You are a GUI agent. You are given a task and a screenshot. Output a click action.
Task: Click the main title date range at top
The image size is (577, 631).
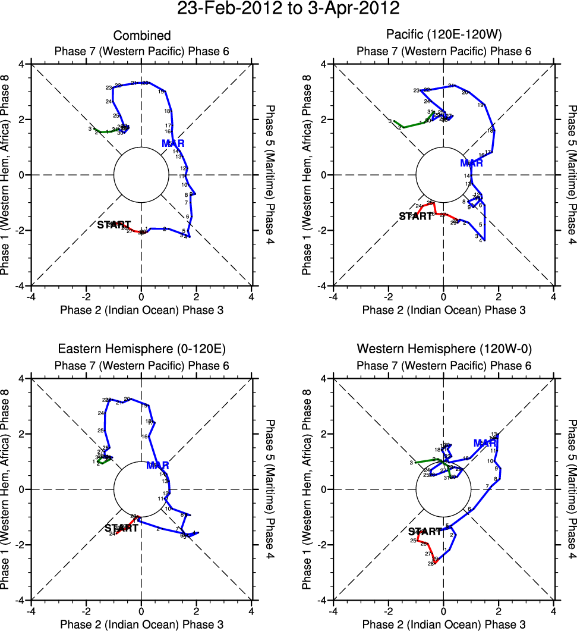click(x=288, y=10)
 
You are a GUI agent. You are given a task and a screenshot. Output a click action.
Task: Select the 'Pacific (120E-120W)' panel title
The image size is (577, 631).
click(x=444, y=36)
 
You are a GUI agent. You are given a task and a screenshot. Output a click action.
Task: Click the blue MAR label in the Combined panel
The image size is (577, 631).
click(x=173, y=143)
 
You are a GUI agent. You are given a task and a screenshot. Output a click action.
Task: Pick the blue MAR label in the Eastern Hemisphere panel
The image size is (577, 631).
click(x=157, y=465)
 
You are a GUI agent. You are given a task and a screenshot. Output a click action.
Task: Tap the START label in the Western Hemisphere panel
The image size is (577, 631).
click(x=425, y=531)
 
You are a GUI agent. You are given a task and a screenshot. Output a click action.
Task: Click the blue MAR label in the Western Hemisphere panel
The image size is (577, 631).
click(x=485, y=443)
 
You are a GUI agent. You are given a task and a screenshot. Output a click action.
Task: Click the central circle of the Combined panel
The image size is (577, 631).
click(x=141, y=175)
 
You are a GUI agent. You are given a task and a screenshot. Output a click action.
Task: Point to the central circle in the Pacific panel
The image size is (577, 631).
click(x=443, y=175)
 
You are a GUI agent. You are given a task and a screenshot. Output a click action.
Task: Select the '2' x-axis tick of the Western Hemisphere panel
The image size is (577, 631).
click(x=499, y=610)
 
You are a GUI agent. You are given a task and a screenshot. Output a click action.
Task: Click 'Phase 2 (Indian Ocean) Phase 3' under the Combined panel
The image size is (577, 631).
click(x=141, y=310)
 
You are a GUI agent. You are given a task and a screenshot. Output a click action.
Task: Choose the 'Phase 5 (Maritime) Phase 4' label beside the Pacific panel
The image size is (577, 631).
click(x=572, y=175)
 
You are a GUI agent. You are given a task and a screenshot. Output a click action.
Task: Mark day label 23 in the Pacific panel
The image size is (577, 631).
click(x=416, y=90)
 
